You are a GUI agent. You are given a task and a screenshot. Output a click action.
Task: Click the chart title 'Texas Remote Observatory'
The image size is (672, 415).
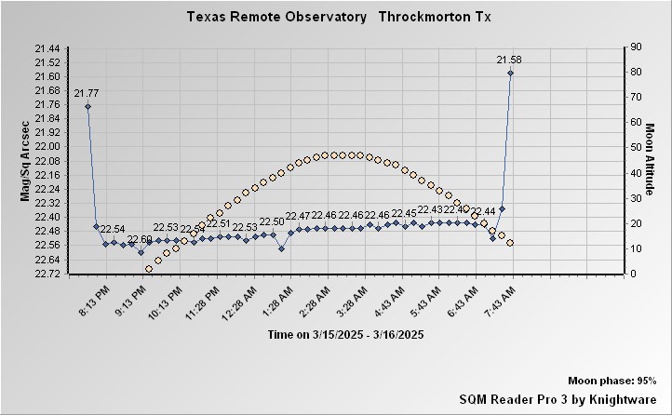pyautogui.click(x=276, y=17)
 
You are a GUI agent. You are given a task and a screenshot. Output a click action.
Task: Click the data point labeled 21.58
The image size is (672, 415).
pyautogui.click(x=510, y=73)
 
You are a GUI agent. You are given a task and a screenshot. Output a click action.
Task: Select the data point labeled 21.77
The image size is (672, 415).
pyautogui.click(x=87, y=106)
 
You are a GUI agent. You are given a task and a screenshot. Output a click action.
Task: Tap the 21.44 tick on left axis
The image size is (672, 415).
pyautogui.click(x=47, y=47)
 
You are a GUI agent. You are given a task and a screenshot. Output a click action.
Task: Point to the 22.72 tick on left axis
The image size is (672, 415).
pyautogui.click(x=47, y=274)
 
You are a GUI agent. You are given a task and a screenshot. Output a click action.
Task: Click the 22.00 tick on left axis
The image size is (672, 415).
pyautogui.click(x=47, y=146)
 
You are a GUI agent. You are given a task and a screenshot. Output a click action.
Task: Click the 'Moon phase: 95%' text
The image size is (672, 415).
pyautogui.click(x=612, y=382)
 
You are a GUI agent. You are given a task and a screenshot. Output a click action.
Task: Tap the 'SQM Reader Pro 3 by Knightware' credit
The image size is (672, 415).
pyautogui.click(x=558, y=398)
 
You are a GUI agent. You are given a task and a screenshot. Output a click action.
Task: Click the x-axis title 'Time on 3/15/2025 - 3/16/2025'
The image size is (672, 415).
pyautogui.click(x=346, y=334)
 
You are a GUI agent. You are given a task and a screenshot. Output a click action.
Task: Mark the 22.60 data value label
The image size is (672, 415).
pyautogui.click(x=140, y=239)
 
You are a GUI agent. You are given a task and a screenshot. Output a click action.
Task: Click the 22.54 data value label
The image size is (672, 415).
pyautogui.click(x=113, y=229)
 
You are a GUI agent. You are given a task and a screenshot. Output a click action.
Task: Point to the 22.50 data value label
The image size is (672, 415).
pyautogui.click(x=272, y=221)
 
